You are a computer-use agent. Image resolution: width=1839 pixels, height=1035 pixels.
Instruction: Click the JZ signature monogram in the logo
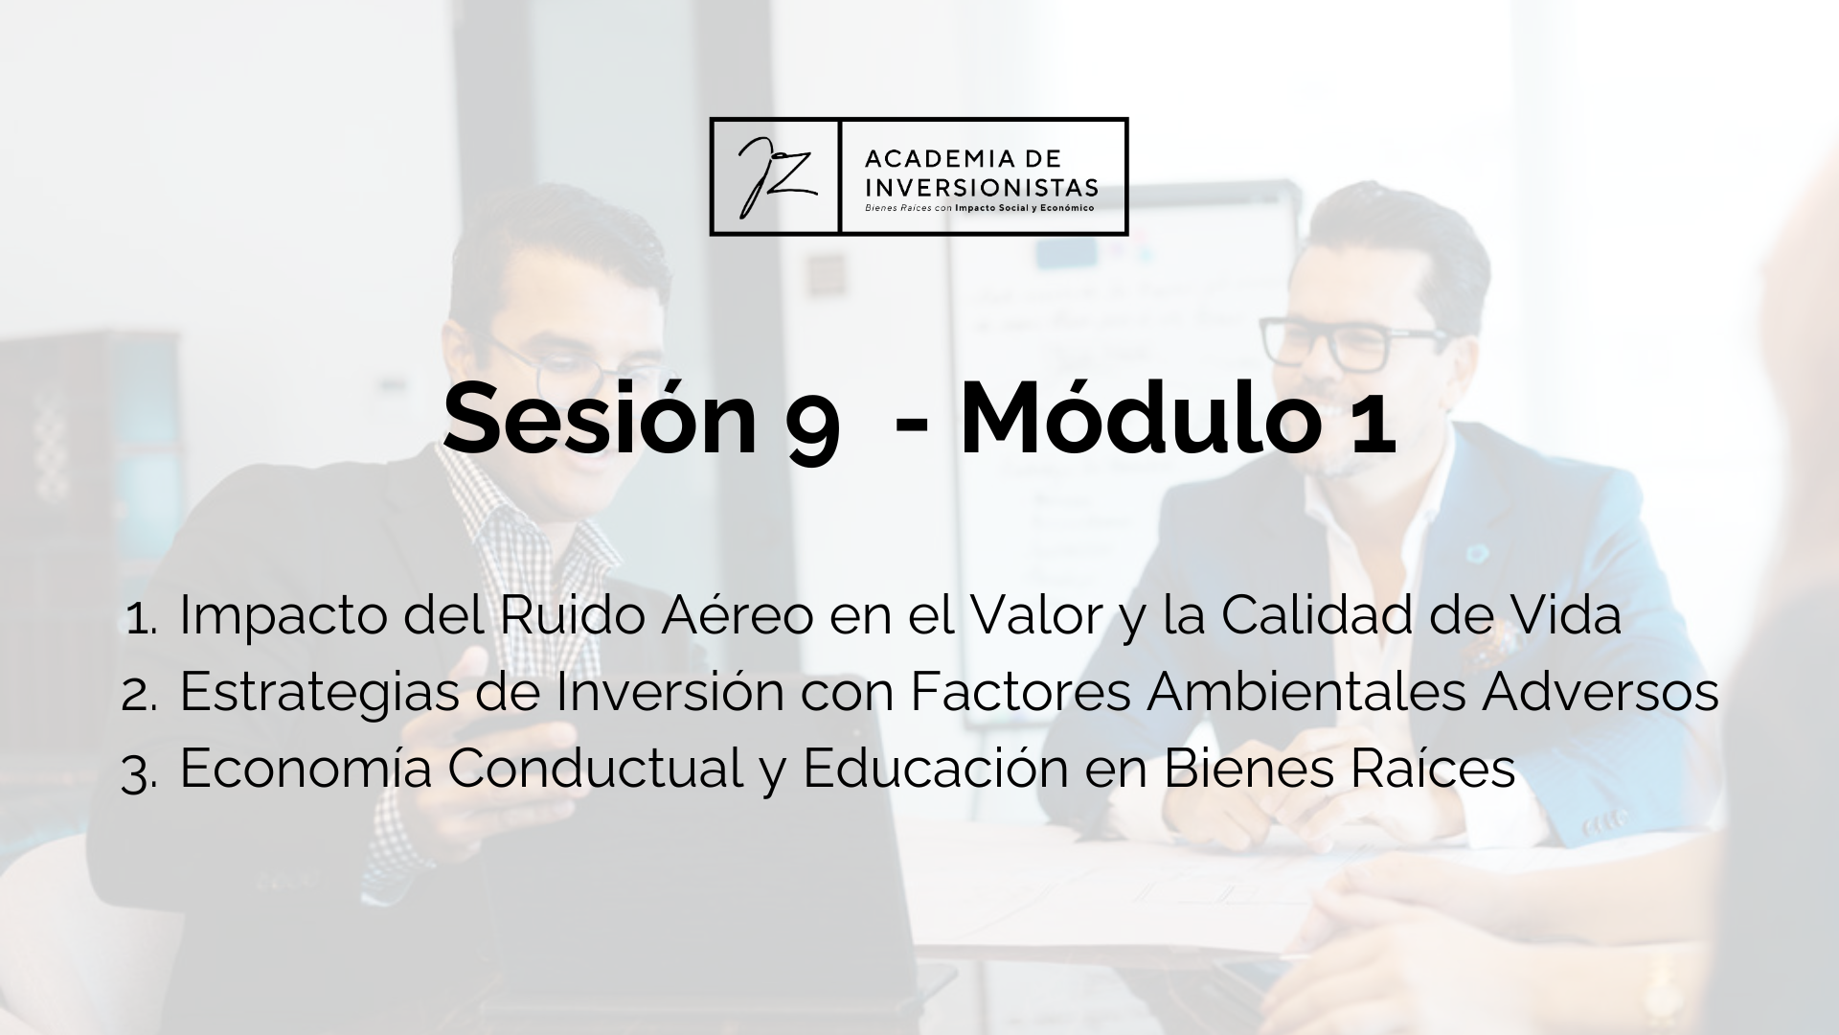775,176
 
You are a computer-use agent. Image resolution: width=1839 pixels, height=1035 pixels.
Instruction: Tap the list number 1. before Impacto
142,620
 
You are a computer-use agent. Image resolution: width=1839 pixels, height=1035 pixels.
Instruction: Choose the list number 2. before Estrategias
140,697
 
